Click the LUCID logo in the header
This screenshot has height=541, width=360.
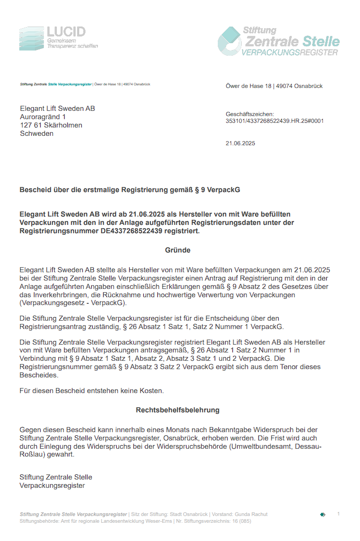click(x=58, y=38)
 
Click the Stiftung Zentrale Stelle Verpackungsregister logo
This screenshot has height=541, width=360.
click(x=278, y=41)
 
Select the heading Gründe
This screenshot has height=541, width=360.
click(x=178, y=250)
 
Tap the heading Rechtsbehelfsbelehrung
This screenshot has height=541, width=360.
click(x=178, y=410)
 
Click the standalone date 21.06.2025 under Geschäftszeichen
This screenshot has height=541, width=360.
click(x=240, y=143)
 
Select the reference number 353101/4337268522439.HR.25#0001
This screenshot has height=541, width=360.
click(x=275, y=121)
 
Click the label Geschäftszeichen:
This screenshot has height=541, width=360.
click(x=250, y=114)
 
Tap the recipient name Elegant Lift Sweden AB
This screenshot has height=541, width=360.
click(x=57, y=108)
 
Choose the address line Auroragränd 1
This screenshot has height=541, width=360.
click(x=43, y=117)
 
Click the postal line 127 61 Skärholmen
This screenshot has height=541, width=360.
click(x=51, y=125)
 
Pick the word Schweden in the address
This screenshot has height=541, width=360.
click(x=36, y=133)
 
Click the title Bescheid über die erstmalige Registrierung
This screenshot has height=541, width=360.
click(x=130, y=190)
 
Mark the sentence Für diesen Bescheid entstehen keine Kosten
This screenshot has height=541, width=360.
click(x=92, y=390)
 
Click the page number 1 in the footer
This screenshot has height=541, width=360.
click(x=338, y=514)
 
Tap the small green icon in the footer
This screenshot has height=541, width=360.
click(x=322, y=514)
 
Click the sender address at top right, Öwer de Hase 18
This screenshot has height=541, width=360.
click(x=249, y=86)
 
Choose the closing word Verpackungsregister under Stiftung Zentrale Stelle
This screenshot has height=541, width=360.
click(x=52, y=485)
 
